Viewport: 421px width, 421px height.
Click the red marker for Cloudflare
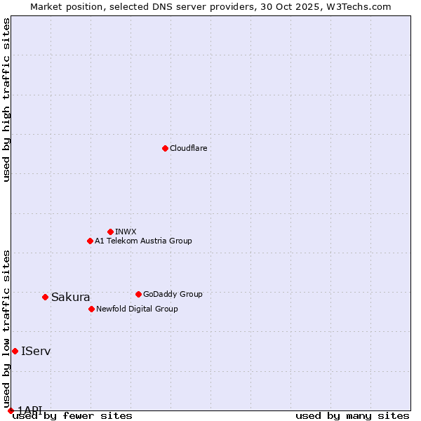point(165,148)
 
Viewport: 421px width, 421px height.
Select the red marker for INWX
point(110,232)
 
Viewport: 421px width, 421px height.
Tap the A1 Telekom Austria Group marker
point(90,241)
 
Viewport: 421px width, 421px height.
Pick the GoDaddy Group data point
point(138,294)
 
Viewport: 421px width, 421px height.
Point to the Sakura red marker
point(45,297)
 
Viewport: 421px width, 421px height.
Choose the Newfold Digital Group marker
point(91,309)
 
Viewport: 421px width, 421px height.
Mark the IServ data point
point(15,351)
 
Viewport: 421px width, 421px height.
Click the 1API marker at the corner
point(11,410)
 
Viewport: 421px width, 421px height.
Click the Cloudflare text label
point(189,148)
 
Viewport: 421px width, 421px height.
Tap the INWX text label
point(126,232)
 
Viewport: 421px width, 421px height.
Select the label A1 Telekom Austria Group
point(143,241)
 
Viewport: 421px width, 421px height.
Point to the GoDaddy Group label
point(173,294)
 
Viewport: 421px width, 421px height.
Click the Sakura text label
point(71,297)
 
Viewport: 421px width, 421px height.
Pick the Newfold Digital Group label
point(137,309)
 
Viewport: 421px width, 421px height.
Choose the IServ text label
point(36,351)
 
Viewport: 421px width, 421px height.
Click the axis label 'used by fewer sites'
point(72,416)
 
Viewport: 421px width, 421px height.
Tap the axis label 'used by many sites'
point(352,416)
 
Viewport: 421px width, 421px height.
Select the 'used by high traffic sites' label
point(7,100)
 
